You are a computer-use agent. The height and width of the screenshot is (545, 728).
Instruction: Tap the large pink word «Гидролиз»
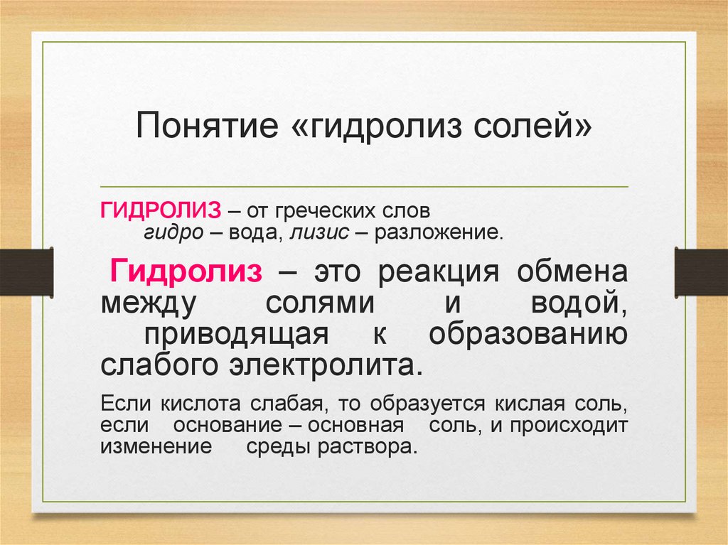click(x=186, y=271)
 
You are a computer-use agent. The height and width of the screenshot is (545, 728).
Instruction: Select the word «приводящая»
click(x=235, y=333)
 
